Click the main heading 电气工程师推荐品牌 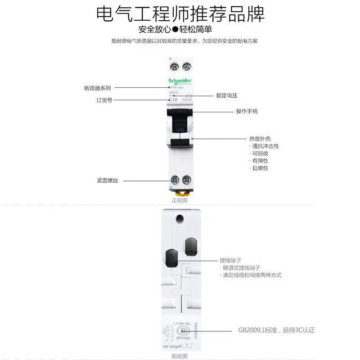(x=180, y=14)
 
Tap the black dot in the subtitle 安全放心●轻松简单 (x=180, y=31)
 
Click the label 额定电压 (x=227, y=96)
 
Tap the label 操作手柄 (x=247, y=111)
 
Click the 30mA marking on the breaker (x=186, y=100)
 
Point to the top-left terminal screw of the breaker (x=173, y=67)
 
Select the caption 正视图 (x=179, y=200)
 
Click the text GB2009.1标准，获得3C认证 (x=276, y=330)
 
